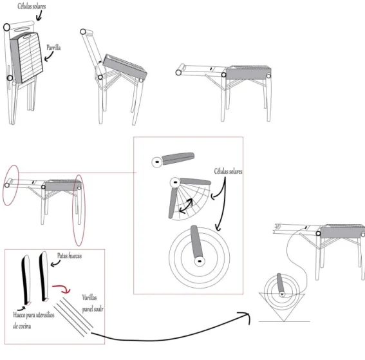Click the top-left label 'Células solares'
(32, 6)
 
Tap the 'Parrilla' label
(53, 48)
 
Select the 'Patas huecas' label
(70, 256)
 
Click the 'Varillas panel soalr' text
(93, 303)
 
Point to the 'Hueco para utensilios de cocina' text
(33, 321)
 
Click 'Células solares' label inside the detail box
(228, 171)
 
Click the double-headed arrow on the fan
(186, 206)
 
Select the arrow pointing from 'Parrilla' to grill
(49, 57)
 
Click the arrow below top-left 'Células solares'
(39, 15)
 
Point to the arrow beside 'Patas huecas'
(55, 263)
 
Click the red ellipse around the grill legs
(79, 211)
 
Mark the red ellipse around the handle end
(10, 185)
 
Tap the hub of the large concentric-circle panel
(200, 261)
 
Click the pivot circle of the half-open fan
(175, 182)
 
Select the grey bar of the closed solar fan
(178, 158)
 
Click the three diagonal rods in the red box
(74, 316)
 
